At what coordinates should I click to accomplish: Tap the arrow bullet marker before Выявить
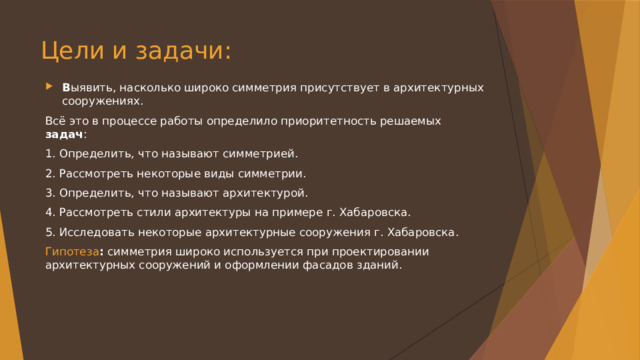(50, 86)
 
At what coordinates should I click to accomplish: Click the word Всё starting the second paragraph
(56, 120)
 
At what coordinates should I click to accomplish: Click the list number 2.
(50, 173)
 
